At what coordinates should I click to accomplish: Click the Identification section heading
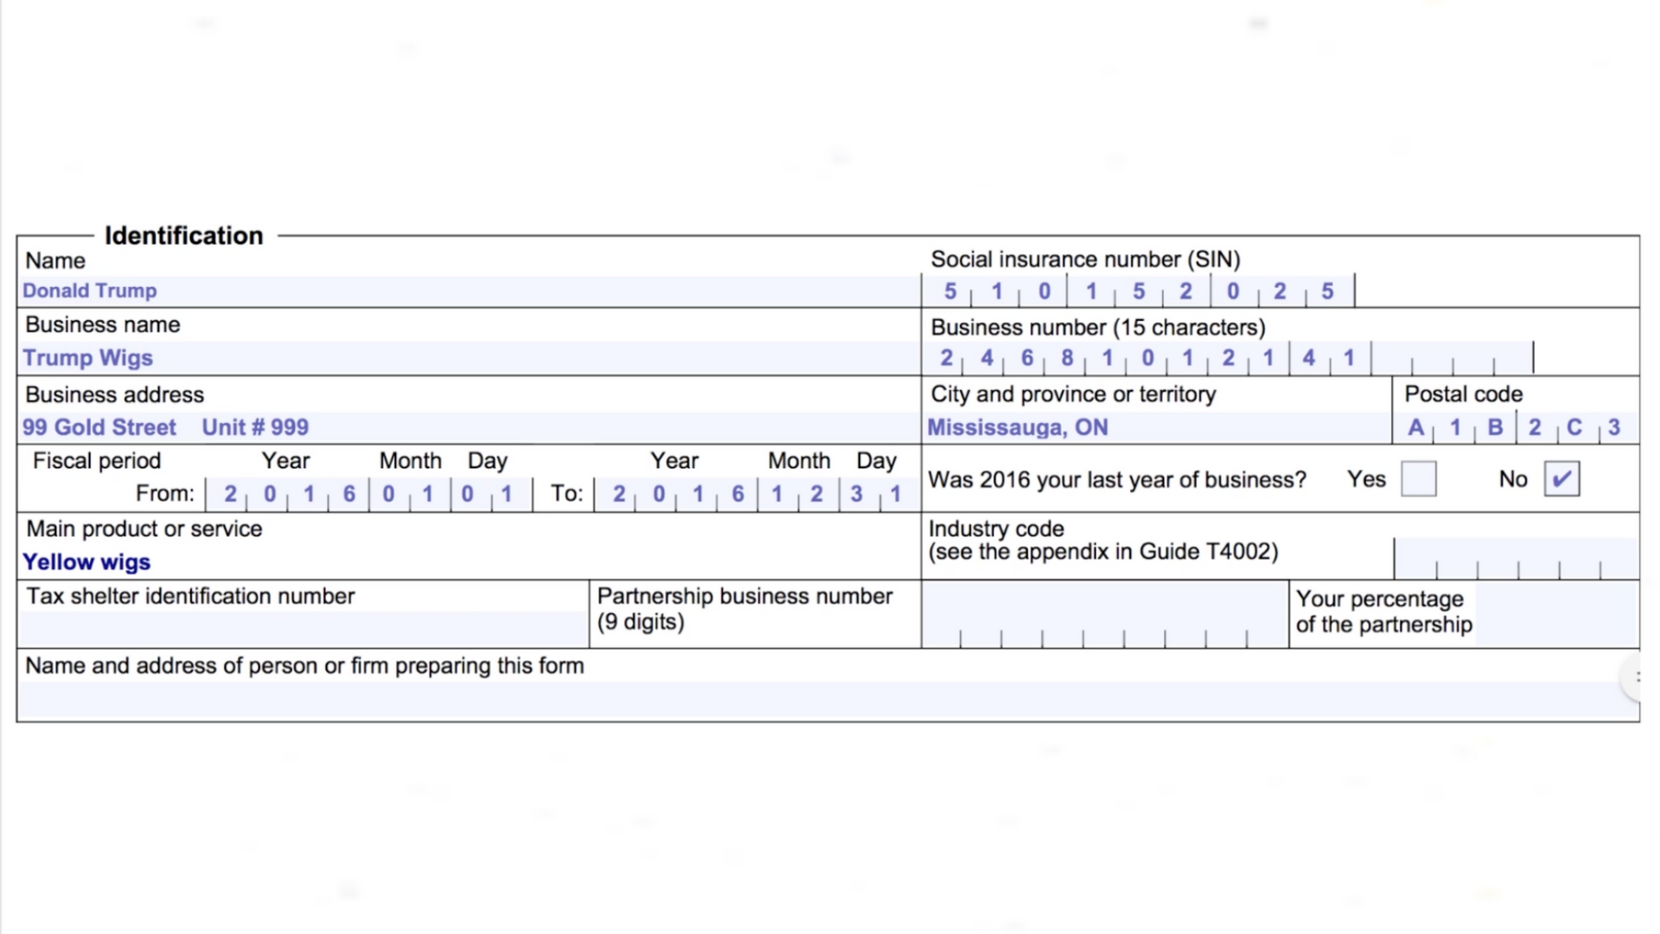183,235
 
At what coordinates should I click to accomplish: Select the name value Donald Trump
89,291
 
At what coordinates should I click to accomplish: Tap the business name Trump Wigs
87,358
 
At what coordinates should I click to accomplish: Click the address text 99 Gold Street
99,427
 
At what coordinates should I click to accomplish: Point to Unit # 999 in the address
255,427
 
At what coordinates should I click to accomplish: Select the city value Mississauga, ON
1018,427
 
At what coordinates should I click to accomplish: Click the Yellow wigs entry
86,562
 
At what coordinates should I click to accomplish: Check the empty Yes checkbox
1418,479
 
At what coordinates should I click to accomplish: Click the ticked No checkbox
1561,479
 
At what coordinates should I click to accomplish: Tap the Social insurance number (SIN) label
1085,259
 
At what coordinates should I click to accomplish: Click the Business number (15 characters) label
1097,328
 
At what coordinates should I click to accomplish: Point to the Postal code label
1463,394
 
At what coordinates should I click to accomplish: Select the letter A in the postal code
1415,427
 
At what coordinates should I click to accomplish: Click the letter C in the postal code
1574,427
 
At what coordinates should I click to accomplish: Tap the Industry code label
996,528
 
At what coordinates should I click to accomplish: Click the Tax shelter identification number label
190,597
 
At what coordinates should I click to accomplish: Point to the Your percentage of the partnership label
1383,611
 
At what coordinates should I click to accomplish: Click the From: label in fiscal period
165,494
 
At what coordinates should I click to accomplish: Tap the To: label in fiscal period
567,494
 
